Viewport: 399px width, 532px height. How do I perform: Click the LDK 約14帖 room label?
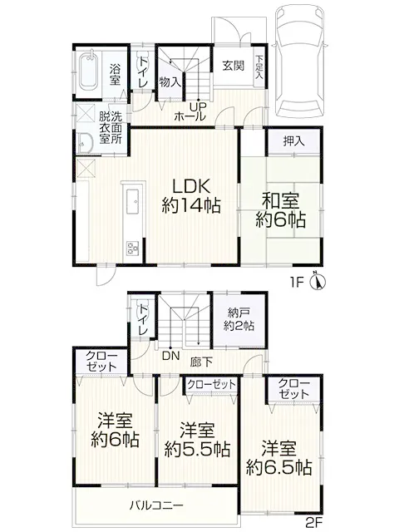[191, 196]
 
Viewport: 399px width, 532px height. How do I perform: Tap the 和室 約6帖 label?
[280, 210]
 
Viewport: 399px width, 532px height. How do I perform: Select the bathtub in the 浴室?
[88, 71]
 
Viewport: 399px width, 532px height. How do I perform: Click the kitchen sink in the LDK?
[133, 201]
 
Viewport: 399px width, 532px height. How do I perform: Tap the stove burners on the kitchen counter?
[133, 248]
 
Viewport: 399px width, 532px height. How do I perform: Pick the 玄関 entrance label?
[234, 65]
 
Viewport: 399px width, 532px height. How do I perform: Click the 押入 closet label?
[293, 141]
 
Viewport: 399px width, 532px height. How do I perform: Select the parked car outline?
[299, 62]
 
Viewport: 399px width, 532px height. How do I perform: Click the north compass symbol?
[318, 281]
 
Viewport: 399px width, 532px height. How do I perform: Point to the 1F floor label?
[296, 282]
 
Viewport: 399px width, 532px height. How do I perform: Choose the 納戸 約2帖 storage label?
[239, 319]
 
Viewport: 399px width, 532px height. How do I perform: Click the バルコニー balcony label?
[156, 505]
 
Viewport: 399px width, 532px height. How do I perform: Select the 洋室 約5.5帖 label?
[197, 440]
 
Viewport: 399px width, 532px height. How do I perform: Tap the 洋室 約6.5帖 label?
[279, 458]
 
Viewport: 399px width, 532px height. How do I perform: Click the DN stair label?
[170, 356]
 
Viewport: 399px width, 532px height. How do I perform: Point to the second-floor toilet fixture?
[142, 309]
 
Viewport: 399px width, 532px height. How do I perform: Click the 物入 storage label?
[170, 81]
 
